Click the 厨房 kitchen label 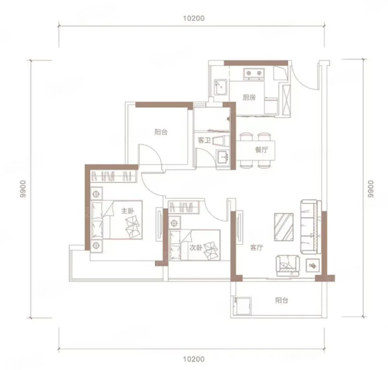point(249,98)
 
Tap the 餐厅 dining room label point(262,149)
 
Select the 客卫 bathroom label point(204,140)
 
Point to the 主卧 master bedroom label point(127,210)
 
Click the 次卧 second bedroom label point(196,248)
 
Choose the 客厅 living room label point(257,248)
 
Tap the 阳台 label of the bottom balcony point(281,301)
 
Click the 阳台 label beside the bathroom point(161,132)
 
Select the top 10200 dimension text point(194,18)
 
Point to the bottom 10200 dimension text point(194,359)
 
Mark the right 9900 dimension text point(371,189)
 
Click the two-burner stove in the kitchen point(254,73)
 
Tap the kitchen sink point(221,87)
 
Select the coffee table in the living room point(284,227)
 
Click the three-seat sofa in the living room point(311,227)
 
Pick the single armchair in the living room point(288,266)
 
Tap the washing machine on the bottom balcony point(242,306)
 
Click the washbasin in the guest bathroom point(223,157)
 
